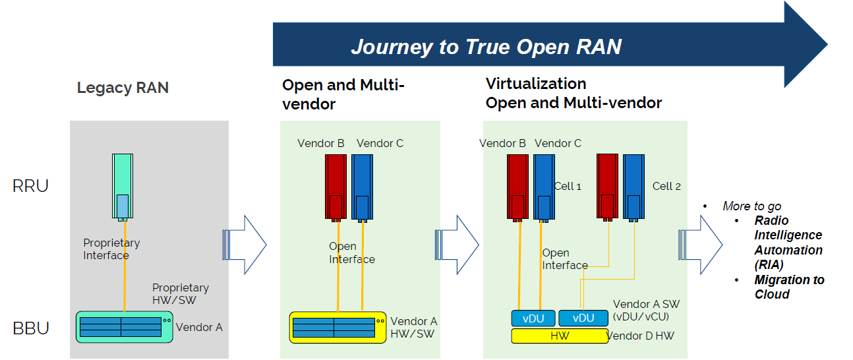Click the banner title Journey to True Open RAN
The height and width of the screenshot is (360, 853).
point(486,47)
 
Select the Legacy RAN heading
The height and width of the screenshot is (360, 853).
point(123,88)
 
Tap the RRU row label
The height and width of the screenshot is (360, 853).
point(30,186)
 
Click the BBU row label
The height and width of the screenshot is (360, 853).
point(31,328)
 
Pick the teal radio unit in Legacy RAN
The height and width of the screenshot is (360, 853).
point(123,185)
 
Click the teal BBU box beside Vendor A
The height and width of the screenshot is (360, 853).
point(125,326)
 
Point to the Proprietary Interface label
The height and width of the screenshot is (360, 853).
point(111,249)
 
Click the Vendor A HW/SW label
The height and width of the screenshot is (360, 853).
point(413,328)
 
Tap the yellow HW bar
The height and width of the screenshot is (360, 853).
point(560,336)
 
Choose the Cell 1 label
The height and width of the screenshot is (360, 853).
point(568,187)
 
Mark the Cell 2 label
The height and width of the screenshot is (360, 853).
point(666,187)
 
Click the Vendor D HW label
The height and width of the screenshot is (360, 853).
point(640,336)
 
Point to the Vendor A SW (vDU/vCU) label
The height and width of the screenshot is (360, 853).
point(646,310)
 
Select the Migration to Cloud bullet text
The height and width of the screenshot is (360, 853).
point(789,287)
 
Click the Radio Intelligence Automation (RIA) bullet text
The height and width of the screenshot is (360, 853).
point(788,243)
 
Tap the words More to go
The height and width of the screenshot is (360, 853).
point(751,206)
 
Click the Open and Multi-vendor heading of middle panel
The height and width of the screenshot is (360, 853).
point(343,94)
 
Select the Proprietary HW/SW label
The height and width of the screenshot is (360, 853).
point(180,294)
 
